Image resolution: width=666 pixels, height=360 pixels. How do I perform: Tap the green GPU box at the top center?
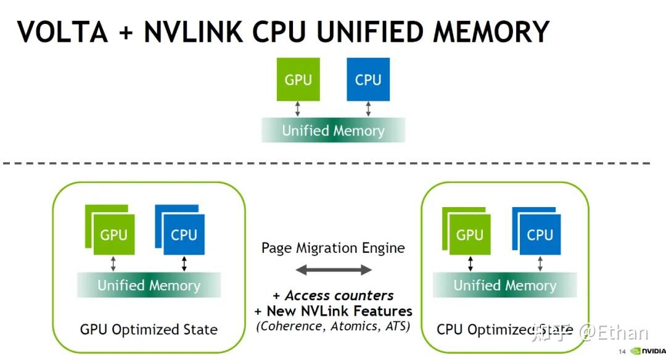coord(298,80)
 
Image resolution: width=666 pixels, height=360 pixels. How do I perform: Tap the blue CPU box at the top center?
coord(368,80)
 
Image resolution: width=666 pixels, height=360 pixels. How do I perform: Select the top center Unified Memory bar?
coord(333,130)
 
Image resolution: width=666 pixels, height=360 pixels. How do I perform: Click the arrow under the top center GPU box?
coord(298,109)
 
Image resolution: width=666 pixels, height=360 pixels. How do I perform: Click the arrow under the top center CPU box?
coord(368,109)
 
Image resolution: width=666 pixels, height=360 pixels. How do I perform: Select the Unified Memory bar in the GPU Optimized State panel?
coord(149,285)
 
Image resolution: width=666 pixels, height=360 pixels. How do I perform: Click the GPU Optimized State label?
coord(149,330)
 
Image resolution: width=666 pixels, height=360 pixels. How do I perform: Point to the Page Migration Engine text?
coord(333,248)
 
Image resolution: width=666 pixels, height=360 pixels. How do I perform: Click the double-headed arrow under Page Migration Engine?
coord(333,270)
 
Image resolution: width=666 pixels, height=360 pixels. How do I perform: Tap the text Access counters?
coord(339,295)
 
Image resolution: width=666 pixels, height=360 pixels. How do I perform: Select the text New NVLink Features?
coord(339,311)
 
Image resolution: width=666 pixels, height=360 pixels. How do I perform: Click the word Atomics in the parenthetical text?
coord(353,326)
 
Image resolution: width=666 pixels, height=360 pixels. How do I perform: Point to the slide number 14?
coord(622,352)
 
